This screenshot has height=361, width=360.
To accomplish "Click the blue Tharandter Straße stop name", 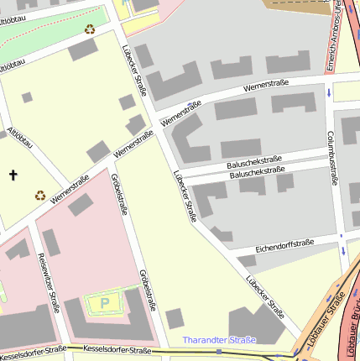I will (x=218, y=340).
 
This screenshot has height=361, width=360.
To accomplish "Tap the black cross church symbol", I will (x=13, y=175).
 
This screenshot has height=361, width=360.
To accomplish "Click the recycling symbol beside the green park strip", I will (x=90, y=29).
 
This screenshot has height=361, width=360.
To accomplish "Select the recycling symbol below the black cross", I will (x=39, y=196).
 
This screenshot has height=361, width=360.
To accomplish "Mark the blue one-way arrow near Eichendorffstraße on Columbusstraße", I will (x=343, y=250).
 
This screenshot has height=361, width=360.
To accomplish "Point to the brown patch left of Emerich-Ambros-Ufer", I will (x=294, y=7).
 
